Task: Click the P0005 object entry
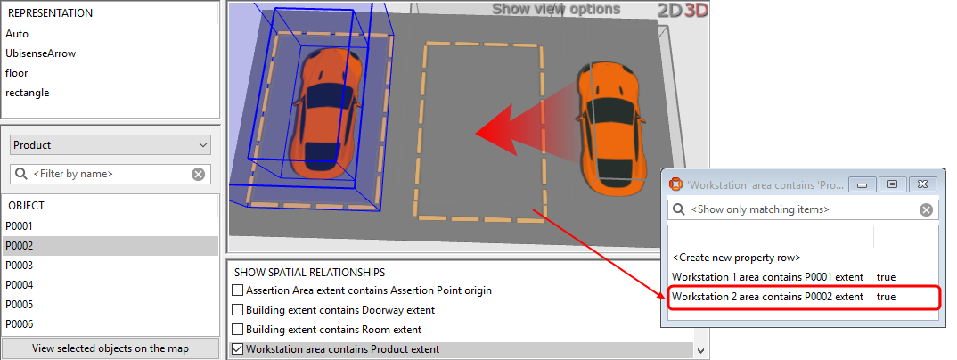tap(20, 305)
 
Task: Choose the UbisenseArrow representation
tap(41, 53)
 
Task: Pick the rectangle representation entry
tap(28, 93)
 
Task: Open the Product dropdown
tap(110, 144)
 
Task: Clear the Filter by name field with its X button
tap(198, 174)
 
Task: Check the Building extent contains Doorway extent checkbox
tap(237, 310)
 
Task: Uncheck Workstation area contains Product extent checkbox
tap(237, 349)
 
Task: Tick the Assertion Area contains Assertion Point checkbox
tap(237, 290)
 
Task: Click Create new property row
tap(736, 257)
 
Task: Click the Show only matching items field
tap(793, 209)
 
